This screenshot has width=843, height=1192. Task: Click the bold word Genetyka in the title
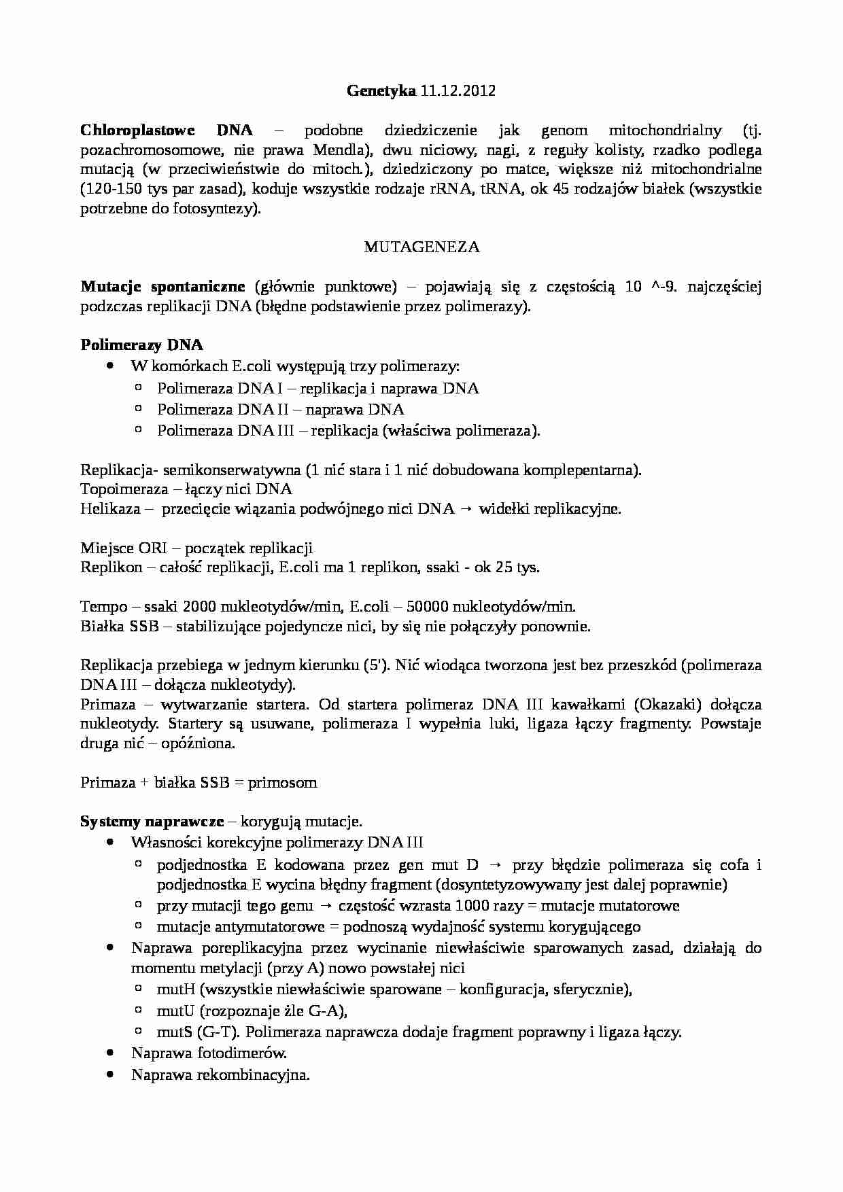coord(381,91)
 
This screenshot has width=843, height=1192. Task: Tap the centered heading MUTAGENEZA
coord(421,247)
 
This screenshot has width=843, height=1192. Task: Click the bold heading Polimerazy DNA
coord(141,345)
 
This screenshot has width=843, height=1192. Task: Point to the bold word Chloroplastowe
coord(137,130)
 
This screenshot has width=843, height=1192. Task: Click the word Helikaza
coord(110,509)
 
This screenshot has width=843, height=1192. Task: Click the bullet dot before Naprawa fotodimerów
coord(110,1053)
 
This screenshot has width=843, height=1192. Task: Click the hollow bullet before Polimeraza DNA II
coord(138,409)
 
